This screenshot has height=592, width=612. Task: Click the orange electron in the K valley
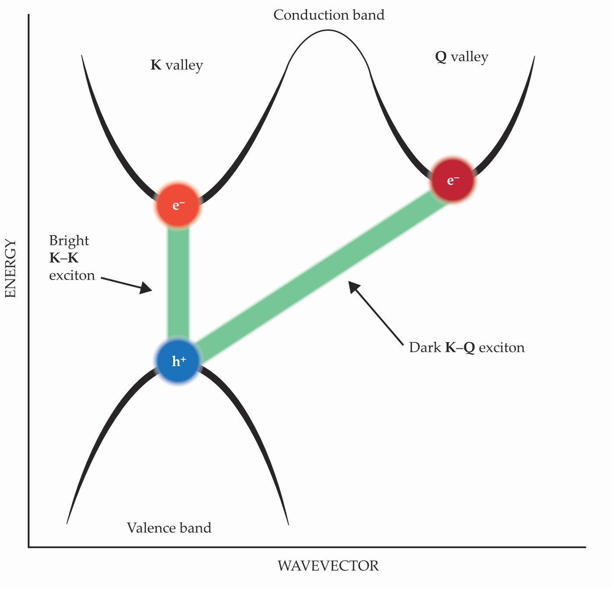(178, 205)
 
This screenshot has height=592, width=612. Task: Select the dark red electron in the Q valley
(453, 180)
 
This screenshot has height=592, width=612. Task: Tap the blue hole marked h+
(178, 361)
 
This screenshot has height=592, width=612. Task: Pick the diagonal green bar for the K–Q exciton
(321, 277)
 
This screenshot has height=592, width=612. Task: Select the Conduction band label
(329, 15)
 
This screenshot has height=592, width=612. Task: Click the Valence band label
(169, 528)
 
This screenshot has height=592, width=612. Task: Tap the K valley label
(177, 65)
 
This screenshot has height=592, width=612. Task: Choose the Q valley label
(462, 57)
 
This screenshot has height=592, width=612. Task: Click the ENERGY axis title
(10, 269)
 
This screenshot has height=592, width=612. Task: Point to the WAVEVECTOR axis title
(328, 566)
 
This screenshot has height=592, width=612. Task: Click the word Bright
(69, 241)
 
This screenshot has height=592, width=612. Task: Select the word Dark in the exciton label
(425, 348)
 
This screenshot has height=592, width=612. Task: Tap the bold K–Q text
(460, 348)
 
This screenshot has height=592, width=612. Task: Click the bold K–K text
(64, 258)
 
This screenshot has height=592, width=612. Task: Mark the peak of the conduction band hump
(328, 31)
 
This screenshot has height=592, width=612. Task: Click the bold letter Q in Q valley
(441, 57)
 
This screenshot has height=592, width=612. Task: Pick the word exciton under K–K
(72, 276)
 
